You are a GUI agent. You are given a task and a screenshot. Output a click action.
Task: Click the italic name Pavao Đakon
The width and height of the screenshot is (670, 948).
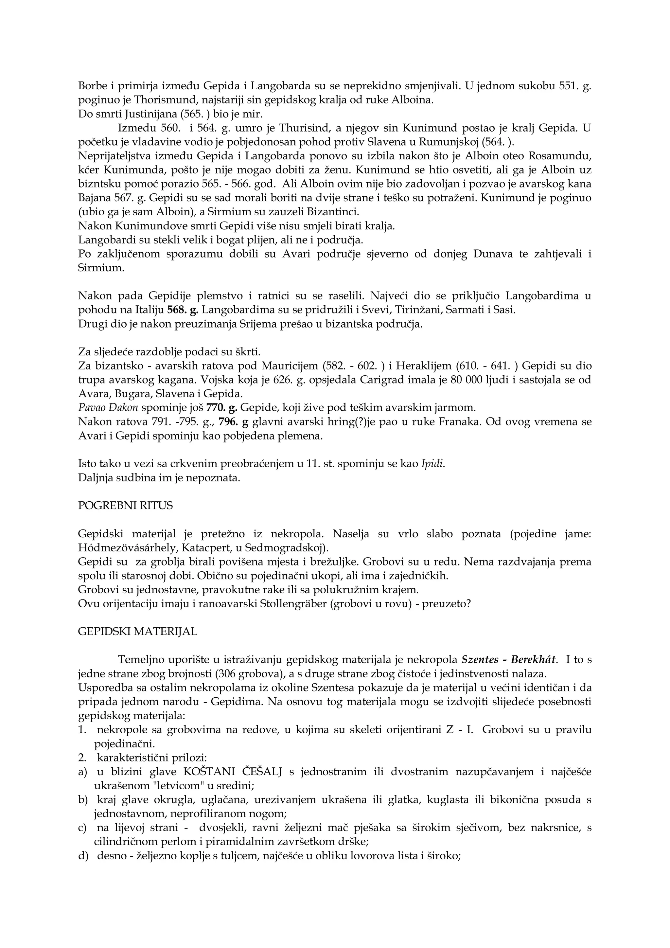point(108,408)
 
